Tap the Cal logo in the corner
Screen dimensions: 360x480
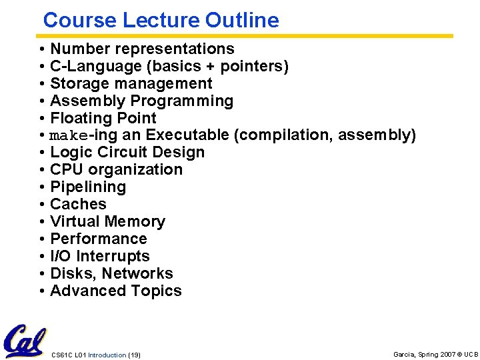25,341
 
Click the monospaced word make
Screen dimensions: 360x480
69,136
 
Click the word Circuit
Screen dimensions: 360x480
131,152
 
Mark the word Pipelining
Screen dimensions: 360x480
88,187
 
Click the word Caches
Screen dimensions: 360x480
78,204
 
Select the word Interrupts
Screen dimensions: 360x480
113,256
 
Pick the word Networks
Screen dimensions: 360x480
137,273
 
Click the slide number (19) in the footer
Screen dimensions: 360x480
133,355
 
